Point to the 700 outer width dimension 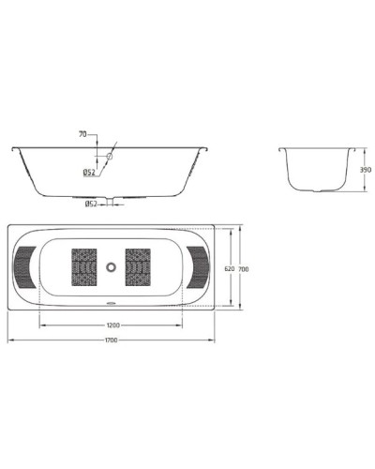click(243, 269)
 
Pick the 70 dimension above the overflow click(82, 135)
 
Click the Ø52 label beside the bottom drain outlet click(92, 204)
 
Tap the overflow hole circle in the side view click(109, 157)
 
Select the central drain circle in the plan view click(112, 267)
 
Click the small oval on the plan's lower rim click(112, 303)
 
